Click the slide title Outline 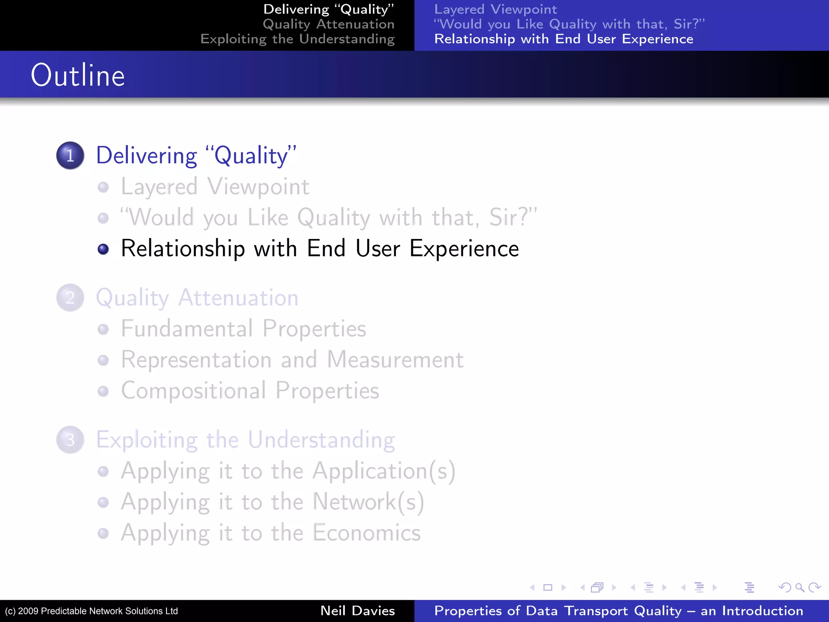click(78, 75)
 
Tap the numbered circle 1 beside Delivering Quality click(70, 155)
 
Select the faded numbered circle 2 click(70, 298)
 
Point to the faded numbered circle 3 click(70, 440)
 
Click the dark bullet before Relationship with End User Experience click(103, 249)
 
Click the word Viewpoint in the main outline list click(258, 187)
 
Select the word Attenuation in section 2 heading click(238, 298)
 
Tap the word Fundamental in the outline click(187, 328)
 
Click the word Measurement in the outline click(395, 360)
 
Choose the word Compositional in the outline click(193, 391)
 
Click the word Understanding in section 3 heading click(321, 440)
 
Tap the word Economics click(366, 533)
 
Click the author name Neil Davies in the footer click(357, 611)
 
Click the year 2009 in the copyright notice click(28, 611)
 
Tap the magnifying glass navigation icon click(799, 587)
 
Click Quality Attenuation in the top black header click(328, 24)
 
